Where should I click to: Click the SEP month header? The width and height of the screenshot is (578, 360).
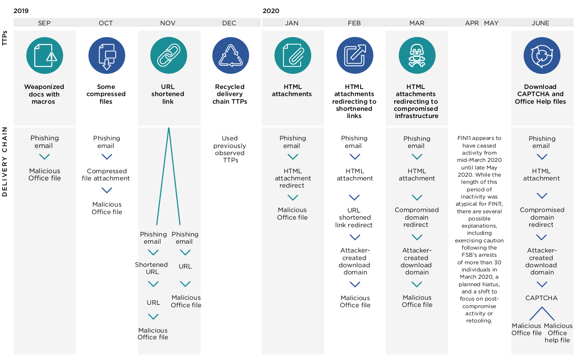(x=44, y=23)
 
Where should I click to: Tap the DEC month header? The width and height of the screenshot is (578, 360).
(x=229, y=23)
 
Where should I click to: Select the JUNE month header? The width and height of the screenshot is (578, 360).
(x=540, y=23)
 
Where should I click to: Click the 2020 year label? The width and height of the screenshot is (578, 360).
(x=271, y=11)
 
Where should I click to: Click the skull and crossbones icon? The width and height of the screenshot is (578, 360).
(x=417, y=56)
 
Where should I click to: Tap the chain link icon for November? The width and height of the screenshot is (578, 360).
(x=169, y=56)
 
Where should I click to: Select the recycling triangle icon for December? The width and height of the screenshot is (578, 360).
(x=231, y=56)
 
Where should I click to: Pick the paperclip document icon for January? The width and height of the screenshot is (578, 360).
(x=293, y=56)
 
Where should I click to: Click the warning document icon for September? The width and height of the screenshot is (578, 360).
(x=45, y=56)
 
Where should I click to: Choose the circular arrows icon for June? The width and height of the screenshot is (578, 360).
(x=542, y=56)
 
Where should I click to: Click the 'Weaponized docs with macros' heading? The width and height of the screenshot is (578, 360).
(x=44, y=94)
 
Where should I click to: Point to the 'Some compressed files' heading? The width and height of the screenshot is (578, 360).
(x=106, y=94)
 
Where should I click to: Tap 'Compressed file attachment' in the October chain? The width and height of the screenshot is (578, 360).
(x=106, y=175)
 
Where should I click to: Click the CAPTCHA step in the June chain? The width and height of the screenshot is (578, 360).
(x=541, y=298)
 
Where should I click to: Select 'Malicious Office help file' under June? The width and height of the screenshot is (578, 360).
(x=558, y=333)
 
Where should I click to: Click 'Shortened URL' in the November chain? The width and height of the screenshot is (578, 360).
(x=151, y=268)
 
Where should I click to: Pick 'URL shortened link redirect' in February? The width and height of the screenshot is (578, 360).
(x=354, y=218)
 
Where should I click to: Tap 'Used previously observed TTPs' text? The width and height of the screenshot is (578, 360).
(x=230, y=149)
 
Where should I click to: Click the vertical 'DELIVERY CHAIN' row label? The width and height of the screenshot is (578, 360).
(x=5, y=162)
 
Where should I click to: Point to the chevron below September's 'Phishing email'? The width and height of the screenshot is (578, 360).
(x=44, y=157)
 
